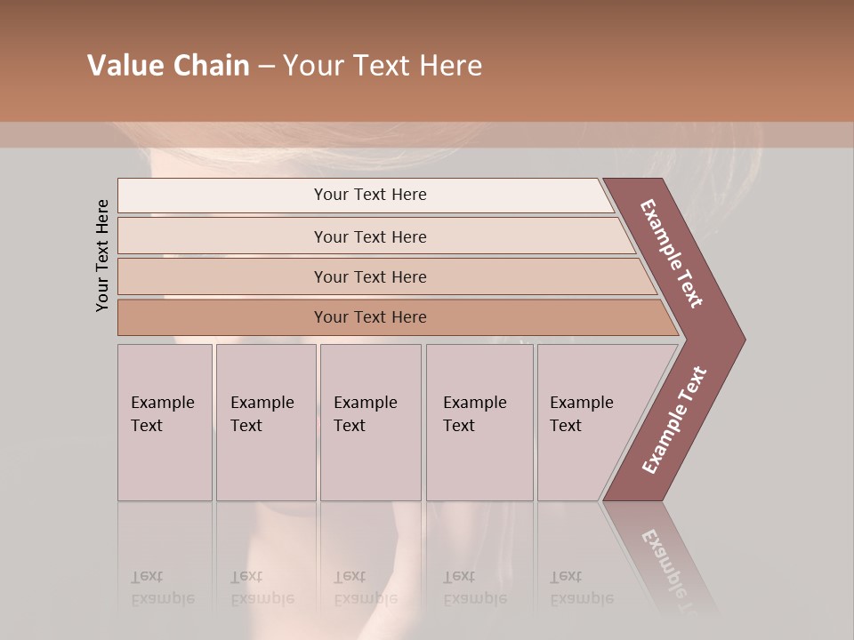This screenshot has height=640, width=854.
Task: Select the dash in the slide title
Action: [x=266, y=67]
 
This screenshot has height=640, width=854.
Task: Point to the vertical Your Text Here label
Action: [x=102, y=256]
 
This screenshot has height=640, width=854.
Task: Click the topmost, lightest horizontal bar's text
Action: [x=370, y=195]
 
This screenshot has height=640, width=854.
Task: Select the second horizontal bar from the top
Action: [x=370, y=236]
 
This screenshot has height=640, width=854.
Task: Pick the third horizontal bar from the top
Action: [x=370, y=276]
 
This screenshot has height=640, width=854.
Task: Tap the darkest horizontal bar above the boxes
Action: [x=370, y=317]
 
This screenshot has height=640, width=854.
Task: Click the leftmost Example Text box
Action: [x=165, y=422]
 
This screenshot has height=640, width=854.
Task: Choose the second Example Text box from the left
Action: [x=265, y=422]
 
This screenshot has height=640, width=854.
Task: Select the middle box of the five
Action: [x=370, y=422]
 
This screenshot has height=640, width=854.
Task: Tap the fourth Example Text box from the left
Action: [x=479, y=422]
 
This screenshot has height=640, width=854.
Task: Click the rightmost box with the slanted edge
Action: [x=587, y=422]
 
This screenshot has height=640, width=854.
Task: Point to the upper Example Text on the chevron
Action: [x=672, y=253]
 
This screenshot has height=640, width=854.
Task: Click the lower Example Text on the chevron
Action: [x=674, y=420]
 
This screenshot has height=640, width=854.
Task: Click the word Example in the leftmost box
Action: [x=163, y=403]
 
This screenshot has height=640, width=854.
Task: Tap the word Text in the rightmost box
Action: [x=566, y=426]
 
